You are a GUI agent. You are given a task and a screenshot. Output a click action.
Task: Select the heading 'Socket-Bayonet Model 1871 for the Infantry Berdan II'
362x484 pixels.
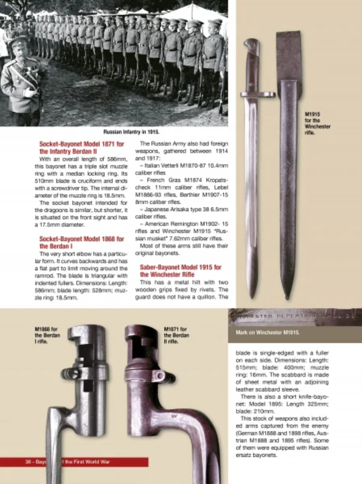(x=82, y=148)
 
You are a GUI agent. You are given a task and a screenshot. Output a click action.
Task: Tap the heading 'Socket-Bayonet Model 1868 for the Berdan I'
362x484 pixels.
(x=82, y=242)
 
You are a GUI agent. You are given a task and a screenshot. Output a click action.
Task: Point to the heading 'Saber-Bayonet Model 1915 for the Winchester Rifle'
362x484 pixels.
(x=181, y=271)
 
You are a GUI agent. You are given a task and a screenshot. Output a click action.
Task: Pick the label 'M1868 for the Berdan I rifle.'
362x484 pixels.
(x=46, y=335)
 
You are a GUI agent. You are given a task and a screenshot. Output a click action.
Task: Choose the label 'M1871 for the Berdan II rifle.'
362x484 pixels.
(x=176, y=335)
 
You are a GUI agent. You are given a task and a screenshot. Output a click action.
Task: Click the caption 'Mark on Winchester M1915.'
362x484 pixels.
(x=267, y=333)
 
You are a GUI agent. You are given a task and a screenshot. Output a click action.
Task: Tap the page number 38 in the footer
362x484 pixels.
(x=27, y=462)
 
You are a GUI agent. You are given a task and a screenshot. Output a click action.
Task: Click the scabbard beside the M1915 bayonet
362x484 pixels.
(x=289, y=162)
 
